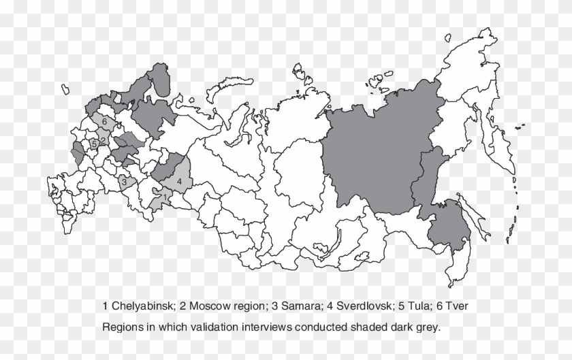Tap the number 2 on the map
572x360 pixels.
point(102,141)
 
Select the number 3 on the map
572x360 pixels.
point(123,182)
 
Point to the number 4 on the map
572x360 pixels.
point(179,182)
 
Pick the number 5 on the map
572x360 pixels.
point(93,144)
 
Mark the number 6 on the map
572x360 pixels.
point(104,121)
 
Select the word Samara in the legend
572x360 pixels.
point(279,307)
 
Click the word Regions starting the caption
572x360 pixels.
point(121,327)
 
